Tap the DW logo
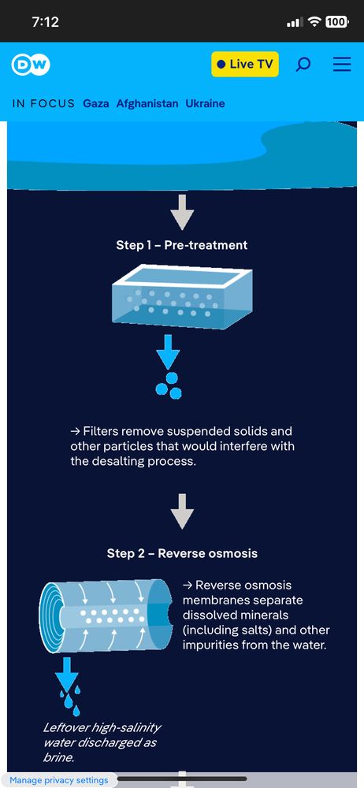(31, 65)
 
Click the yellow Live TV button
(245, 65)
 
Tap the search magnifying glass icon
(303, 65)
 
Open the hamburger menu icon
(342, 65)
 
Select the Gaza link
(96, 103)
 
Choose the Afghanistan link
(147, 103)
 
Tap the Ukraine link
(205, 103)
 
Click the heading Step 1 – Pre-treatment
(182, 245)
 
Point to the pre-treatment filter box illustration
(181, 296)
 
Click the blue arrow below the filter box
(168, 351)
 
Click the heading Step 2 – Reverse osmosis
(182, 553)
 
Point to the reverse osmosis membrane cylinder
(109, 616)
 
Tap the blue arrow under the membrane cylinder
(66, 673)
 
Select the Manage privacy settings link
(59, 780)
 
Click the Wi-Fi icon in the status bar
(314, 21)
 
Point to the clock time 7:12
(45, 21)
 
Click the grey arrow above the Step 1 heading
(182, 212)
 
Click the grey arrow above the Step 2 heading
(182, 511)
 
